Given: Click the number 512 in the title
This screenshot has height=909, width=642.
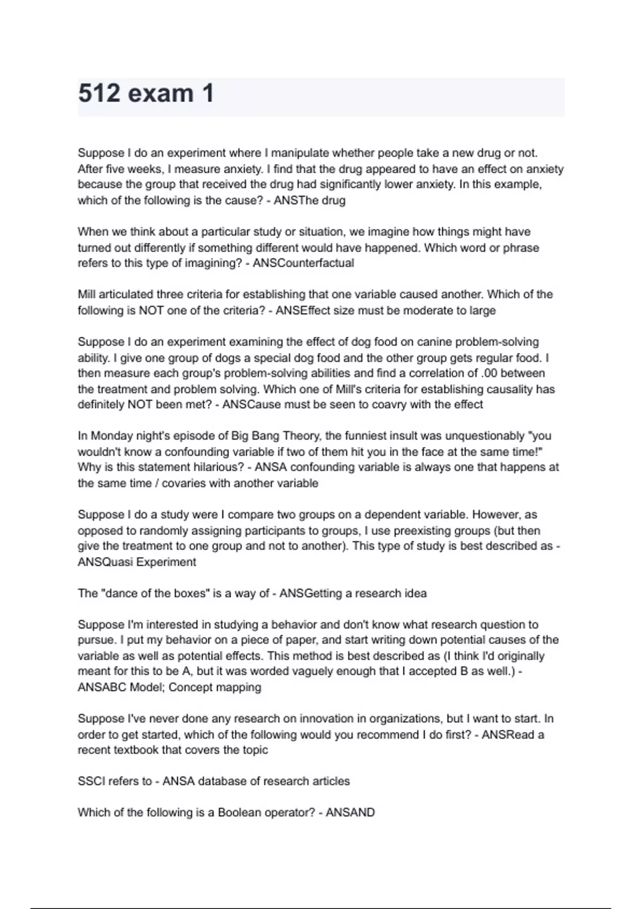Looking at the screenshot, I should pyautogui.click(x=99, y=94).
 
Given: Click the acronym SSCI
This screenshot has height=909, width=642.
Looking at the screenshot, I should pyautogui.click(x=91, y=781).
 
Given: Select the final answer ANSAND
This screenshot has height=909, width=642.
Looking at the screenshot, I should pyautogui.click(x=350, y=813).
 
